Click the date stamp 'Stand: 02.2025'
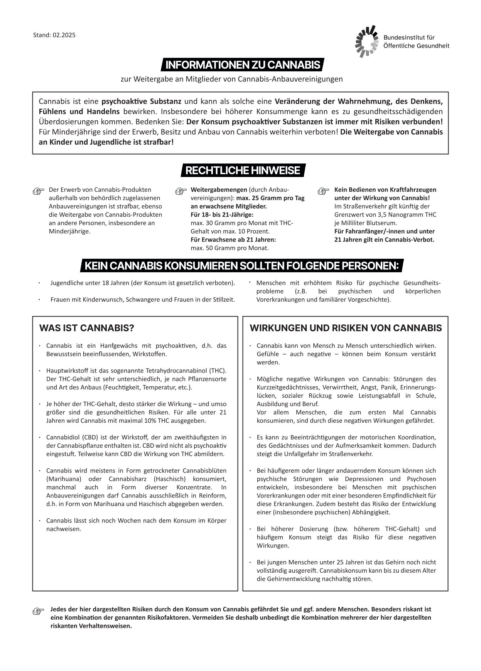54,35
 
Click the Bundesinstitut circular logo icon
366,41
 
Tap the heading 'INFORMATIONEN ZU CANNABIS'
243,65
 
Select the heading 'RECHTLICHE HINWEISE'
243,170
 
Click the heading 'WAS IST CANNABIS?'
86,328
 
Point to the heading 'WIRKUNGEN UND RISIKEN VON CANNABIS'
346,328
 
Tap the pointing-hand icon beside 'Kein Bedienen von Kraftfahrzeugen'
323,191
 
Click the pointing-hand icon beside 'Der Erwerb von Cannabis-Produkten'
39,191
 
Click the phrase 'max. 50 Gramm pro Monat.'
230,248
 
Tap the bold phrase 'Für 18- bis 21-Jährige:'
222,214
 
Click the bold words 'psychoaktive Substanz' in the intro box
141,102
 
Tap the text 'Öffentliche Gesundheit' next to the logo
416,46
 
